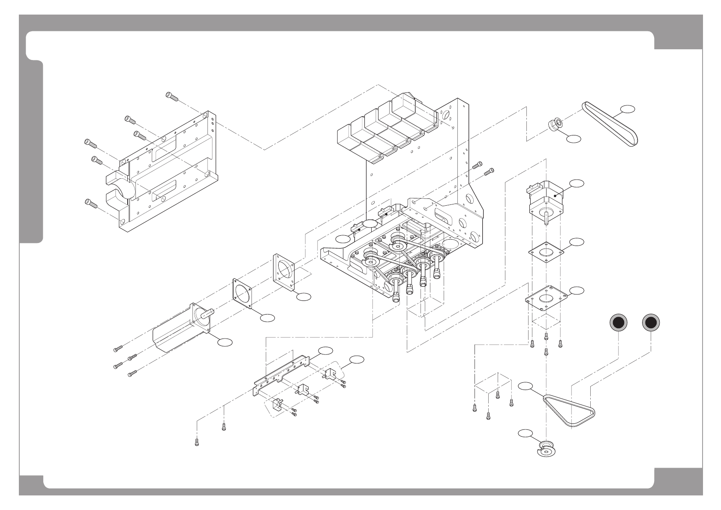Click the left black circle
(x=619, y=324)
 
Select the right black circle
(x=651, y=324)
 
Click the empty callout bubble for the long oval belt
(x=628, y=109)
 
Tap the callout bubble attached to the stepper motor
(x=577, y=183)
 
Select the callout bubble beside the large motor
(x=225, y=342)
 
